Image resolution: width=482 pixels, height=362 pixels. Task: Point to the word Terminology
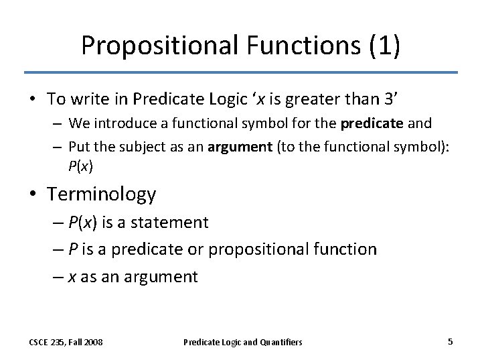point(101,194)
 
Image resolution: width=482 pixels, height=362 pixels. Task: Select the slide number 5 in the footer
point(451,341)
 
